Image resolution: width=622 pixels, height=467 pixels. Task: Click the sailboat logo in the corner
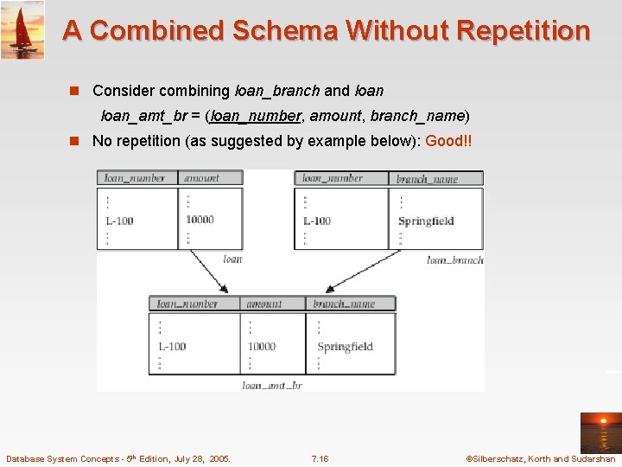pyautogui.click(x=22, y=29)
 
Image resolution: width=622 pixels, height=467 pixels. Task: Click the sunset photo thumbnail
pyautogui.click(x=600, y=432)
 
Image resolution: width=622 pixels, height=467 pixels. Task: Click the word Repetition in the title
pyautogui.click(x=524, y=31)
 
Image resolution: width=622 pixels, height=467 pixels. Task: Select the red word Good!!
pyautogui.click(x=448, y=141)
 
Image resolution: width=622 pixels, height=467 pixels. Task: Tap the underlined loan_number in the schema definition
pyautogui.click(x=256, y=115)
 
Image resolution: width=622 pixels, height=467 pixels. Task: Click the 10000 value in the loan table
pyautogui.click(x=200, y=220)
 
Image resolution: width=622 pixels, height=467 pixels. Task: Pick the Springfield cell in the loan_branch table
pyautogui.click(x=426, y=221)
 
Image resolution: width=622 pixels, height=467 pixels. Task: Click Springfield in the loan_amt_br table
pyautogui.click(x=345, y=347)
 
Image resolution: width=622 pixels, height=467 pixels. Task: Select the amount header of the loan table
pyautogui.click(x=201, y=178)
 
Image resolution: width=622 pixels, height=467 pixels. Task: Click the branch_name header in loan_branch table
pyautogui.click(x=427, y=179)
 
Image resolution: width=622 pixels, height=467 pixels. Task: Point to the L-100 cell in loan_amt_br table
pyautogui.click(x=172, y=347)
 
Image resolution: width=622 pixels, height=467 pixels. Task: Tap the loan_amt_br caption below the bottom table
pyautogui.click(x=272, y=386)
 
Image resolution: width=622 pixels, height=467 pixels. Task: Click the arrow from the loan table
pyautogui.click(x=207, y=270)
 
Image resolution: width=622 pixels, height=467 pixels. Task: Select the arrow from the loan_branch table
pyautogui.click(x=354, y=273)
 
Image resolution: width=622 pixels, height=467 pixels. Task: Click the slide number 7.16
pyautogui.click(x=320, y=459)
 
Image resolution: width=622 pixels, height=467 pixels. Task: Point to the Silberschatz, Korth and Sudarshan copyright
pyautogui.click(x=540, y=459)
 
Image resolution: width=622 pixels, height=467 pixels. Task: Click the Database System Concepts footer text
pyautogui.click(x=118, y=459)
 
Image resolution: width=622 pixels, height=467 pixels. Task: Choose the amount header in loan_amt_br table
pyautogui.click(x=263, y=304)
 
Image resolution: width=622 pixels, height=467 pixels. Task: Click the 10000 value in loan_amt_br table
pyautogui.click(x=262, y=347)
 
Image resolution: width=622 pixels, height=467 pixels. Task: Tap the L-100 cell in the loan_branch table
pyautogui.click(x=317, y=221)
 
